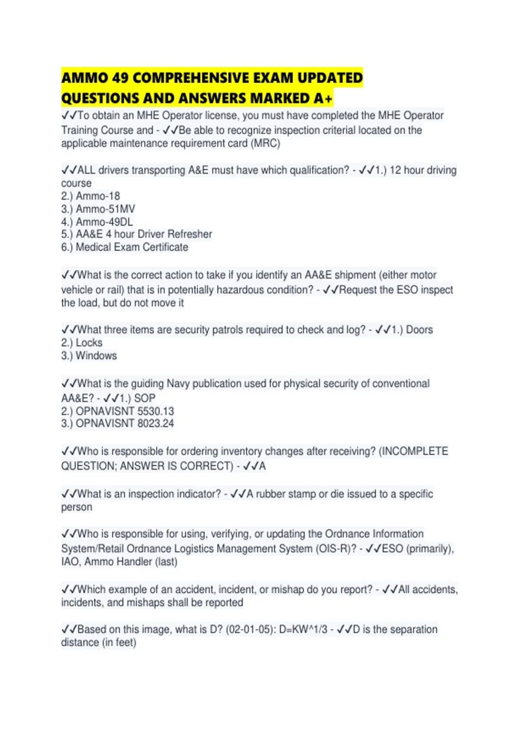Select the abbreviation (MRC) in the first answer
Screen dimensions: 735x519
pyautogui.click(x=265, y=143)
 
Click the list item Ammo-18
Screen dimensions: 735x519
pyautogui.click(x=98, y=196)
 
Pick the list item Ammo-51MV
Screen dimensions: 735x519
pyautogui.click(x=105, y=209)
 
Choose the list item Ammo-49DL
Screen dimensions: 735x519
pyautogui.click(x=104, y=222)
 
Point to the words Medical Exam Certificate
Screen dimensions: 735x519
pyautogui.click(x=132, y=247)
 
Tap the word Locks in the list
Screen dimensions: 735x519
pyautogui.click(x=89, y=342)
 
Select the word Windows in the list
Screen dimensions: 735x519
pyautogui.click(x=96, y=355)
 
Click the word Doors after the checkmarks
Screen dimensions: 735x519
pyautogui.click(x=419, y=330)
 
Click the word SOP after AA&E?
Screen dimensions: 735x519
pyautogui.click(x=144, y=398)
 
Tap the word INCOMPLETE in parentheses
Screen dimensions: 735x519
pyautogui.click(x=415, y=451)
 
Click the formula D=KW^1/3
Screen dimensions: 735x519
pyautogui.click(x=303, y=630)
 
